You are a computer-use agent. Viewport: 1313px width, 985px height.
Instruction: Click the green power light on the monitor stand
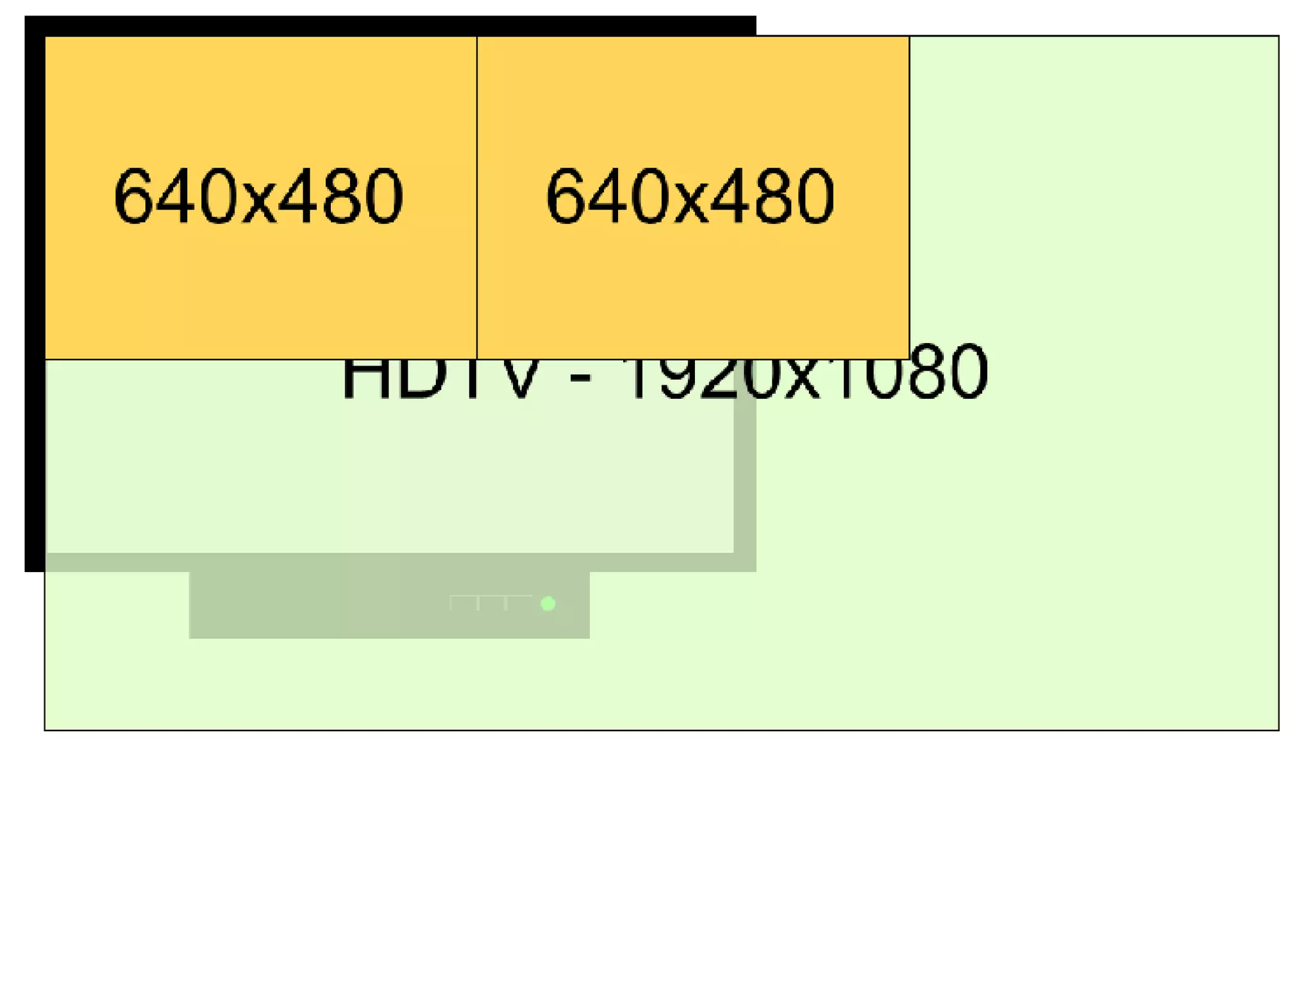(x=548, y=603)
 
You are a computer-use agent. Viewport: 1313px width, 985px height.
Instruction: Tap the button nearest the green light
(x=519, y=603)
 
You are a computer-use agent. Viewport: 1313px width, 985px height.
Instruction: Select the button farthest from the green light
(x=464, y=603)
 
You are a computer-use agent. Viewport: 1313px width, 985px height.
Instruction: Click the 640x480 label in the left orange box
(x=258, y=196)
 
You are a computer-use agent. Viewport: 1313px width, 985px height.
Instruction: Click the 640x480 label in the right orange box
(x=690, y=196)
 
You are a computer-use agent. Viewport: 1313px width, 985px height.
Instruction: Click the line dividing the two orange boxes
(x=477, y=192)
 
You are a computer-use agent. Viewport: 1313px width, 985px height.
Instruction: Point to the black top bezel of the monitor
(x=385, y=26)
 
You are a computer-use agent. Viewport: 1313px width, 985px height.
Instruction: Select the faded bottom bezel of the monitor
(x=385, y=562)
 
